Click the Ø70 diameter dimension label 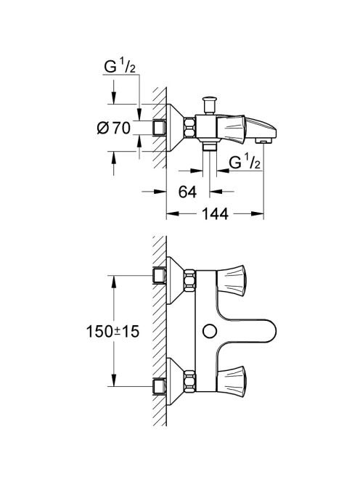pyautogui.click(x=114, y=128)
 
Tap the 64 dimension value pyautogui.click(x=187, y=192)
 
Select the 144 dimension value pyautogui.click(x=215, y=213)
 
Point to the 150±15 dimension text pyautogui.click(x=112, y=331)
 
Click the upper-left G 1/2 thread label pyautogui.click(x=120, y=67)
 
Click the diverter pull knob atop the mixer pyautogui.click(x=209, y=106)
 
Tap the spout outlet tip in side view pyautogui.click(x=264, y=141)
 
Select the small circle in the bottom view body pyautogui.click(x=210, y=331)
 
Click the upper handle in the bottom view pyautogui.click(x=232, y=281)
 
